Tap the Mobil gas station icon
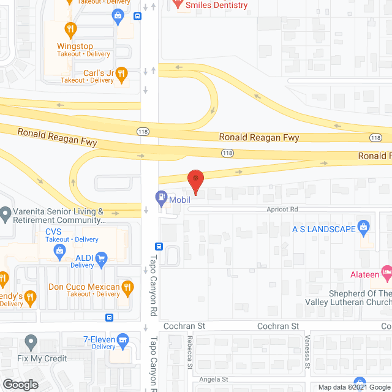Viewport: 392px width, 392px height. (x=161, y=198)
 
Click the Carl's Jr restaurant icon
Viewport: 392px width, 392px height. (x=121, y=73)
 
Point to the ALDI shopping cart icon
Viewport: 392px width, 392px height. (x=102, y=258)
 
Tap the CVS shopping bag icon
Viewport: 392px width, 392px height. (x=60, y=250)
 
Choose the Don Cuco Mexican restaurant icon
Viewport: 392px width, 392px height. (x=127, y=287)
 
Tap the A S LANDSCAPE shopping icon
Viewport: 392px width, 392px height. (x=363, y=227)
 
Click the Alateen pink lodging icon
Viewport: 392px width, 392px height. (x=386, y=270)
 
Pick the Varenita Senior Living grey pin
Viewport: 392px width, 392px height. (x=6, y=214)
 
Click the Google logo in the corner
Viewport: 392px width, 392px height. (x=20, y=384)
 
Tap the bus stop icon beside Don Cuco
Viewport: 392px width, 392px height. (x=109, y=317)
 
